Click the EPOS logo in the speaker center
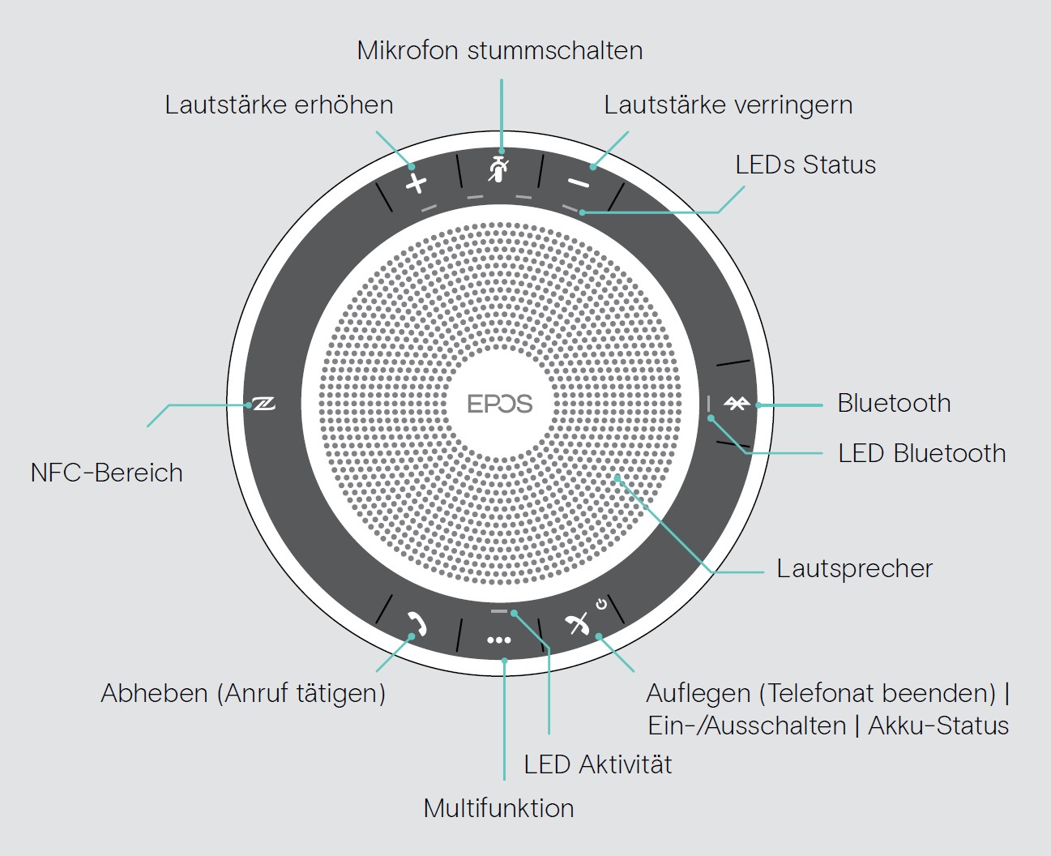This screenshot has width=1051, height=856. [x=500, y=404]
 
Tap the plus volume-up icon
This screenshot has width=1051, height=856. [x=416, y=184]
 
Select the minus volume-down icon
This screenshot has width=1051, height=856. [x=579, y=183]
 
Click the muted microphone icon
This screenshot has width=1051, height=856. [x=499, y=169]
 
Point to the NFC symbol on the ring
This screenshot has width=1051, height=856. [x=264, y=404]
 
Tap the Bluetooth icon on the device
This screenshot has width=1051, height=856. [x=737, y=404]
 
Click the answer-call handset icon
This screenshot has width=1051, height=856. [x=417, y=623]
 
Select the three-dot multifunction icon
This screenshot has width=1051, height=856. [x=499, y=640]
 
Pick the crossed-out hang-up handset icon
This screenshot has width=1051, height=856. [x=577, y=624]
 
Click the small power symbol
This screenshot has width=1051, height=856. [x=601, y=604]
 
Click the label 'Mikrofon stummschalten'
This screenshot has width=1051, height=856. [x=500, y=50]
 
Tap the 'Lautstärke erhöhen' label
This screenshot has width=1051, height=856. [x=279, y=105]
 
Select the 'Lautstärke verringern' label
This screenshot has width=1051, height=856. [x=728, y=105]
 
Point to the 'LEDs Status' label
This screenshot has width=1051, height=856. [x=805, y=165]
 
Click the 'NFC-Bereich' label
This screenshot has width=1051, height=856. [x=107, y=473]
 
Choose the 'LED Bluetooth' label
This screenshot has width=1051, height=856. [x=921, y=453]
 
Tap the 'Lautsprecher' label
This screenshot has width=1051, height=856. [x=855, y=569]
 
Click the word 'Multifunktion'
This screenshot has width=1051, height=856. [x=499, y=808]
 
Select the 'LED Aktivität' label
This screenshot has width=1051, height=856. [x=597, y=764]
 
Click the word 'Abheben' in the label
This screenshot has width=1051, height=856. [x=155, y=693]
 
